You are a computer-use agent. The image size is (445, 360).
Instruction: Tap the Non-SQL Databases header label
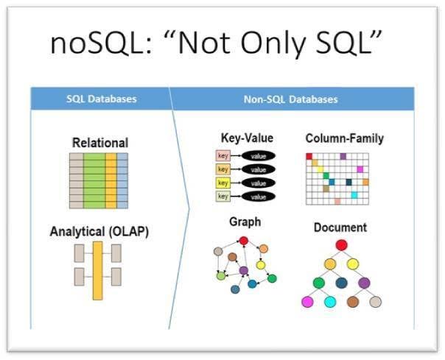[x=292, y=99]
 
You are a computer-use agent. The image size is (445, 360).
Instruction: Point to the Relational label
[x=99, y=143]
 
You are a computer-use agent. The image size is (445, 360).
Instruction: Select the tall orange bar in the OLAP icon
[x=97, y=271]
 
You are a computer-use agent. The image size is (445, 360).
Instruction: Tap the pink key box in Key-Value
[x=223, y=155]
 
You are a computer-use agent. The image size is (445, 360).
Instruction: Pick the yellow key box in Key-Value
[x=223, y=183]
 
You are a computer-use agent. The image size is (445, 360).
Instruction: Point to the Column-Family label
[x=344, y=138]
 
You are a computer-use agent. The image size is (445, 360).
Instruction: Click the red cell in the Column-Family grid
[x=309, y=157]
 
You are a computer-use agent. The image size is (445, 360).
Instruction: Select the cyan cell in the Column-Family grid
[x=354, y=195]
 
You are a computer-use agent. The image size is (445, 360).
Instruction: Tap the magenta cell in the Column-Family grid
[x=360, y=169]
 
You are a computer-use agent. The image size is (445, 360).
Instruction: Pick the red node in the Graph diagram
[x=243, y=240]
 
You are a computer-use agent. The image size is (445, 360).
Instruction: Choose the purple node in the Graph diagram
[x=244, y=271]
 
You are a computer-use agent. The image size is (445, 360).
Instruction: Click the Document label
[x=341, y=227]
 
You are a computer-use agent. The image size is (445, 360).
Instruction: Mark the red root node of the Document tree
[x=341, y=245]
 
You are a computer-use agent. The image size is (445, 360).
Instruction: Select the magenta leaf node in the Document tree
[x=307, y=302]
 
